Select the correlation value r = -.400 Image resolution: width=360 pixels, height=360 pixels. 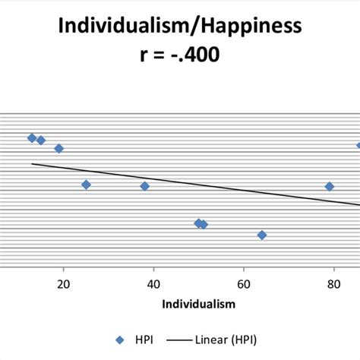(180, 57)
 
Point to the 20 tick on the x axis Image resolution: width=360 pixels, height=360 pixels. (63, 283)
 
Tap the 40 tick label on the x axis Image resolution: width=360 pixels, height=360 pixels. (153, 283)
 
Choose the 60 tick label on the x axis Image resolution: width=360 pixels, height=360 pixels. (243, 283)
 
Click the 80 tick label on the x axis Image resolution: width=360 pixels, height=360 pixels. (333, 283)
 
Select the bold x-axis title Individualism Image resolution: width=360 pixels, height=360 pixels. (198, 304)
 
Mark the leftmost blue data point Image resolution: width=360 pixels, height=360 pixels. (32, 137)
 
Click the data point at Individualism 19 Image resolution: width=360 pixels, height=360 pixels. (58, 148)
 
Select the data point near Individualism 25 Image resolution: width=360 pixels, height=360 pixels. (86, 185)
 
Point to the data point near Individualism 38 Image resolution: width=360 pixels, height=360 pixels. (144, 186)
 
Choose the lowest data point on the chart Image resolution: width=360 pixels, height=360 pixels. (262, 235)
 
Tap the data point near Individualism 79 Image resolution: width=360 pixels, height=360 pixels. (329, 186)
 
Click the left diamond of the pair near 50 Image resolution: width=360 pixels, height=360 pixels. (198, 223)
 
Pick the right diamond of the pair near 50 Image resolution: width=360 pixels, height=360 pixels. (204, 224)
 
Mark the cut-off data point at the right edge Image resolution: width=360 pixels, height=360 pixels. (358, 145)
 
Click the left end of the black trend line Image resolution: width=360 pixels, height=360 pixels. (33, 163)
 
